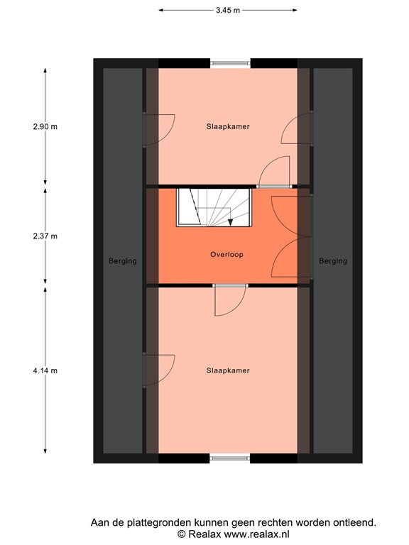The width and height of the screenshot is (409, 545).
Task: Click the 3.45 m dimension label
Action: [227, 10]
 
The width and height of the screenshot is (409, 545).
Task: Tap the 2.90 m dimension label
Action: [44, 126]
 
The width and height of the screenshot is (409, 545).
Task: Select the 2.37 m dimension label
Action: [44, 236]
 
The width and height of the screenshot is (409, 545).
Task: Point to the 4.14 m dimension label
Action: [44, 370]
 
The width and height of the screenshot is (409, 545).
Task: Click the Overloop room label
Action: [227, 254]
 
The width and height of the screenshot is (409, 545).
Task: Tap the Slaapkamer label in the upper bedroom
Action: [227, 126]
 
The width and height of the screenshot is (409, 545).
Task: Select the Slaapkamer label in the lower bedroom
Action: [227, 370]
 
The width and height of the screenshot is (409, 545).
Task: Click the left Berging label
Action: [123, 260]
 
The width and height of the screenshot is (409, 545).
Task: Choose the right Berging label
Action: [333, 260]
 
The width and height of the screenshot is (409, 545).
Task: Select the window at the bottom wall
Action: [230, 458]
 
